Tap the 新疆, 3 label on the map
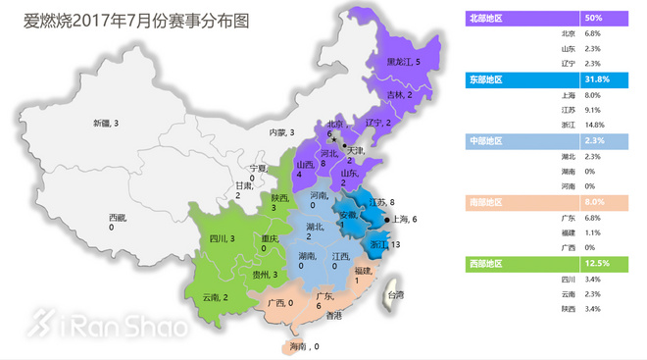(x=106, y=123)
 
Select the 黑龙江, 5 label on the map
(x=403, y=61)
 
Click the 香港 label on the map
(x=334, y=315)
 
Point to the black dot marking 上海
(x=387, y=219)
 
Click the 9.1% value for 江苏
(x=592, y=110)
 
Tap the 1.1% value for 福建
(x=592, y=232)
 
